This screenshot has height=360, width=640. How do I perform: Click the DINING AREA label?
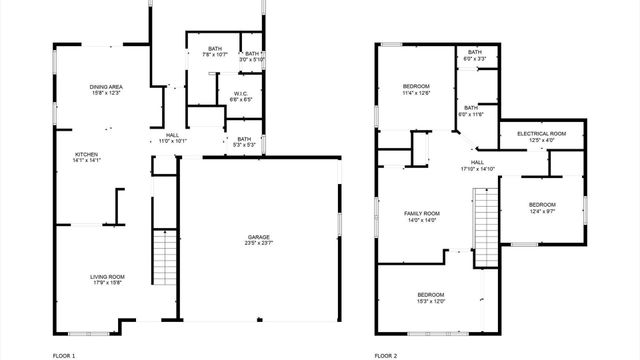tap(106, 87)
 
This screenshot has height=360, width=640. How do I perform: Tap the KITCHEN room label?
tap(87, 154)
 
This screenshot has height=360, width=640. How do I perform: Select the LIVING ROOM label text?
tap(107, 276)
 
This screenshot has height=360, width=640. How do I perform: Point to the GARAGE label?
tap(259, 237)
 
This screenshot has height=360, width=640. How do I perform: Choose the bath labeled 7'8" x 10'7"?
tap(214, 49)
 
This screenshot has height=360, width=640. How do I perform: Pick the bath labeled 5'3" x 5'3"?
tap(244, 139)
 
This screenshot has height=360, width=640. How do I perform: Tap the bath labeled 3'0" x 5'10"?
tap(252, 53)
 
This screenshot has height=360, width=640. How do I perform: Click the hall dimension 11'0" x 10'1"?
tap(173, 141)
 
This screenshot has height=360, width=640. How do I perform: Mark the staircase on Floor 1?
tap(163, 258)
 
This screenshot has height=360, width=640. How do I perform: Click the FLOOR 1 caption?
tap(64, 355)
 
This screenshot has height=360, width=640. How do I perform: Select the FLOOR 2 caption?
tap(386, 355)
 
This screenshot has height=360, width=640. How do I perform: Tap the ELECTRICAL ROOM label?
tap(541, 133)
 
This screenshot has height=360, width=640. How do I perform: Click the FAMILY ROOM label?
tap(421, 214)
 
